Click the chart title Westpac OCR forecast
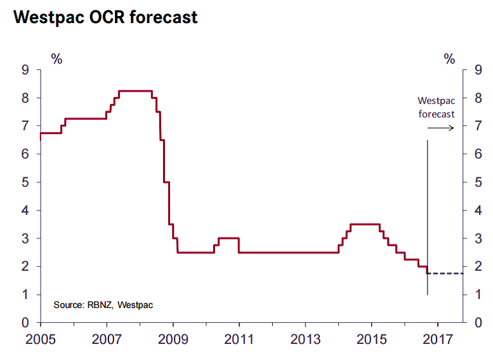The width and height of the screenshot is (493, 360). click(105, 17)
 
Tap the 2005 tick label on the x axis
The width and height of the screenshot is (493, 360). click(40, 338)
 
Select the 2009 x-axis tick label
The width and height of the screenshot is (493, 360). click(173, 338)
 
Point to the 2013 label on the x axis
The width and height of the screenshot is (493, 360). click(306, 338)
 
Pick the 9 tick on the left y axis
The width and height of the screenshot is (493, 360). click(26, 70)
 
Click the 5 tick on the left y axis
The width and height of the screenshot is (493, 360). click(26, 182)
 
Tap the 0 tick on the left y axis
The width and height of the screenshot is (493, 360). click(26, 323)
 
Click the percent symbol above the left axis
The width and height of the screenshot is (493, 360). click(57, 59)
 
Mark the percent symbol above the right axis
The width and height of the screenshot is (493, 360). click(449, 59)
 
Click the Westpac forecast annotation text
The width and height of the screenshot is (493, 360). click(436, 107)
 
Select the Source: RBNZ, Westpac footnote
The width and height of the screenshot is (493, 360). click(103, 304)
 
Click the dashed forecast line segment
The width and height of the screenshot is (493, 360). click(445, 273)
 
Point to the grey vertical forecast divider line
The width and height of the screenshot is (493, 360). click(428, 212)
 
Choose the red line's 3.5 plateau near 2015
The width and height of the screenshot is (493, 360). click(365, 225)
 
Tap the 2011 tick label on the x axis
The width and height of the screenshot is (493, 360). click(239, 338)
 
